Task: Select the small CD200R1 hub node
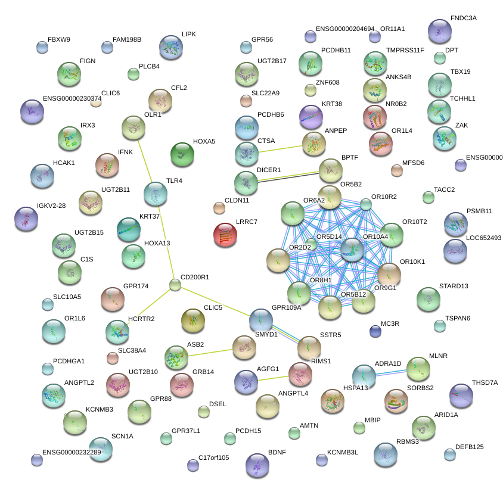(175, 285)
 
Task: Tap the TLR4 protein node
(156, 193)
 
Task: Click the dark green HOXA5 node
(182, 154)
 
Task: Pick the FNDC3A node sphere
(440, 31)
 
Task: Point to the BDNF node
(257, 465)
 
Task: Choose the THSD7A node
(461, 394)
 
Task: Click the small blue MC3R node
(375, 331)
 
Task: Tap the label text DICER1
(268, 170)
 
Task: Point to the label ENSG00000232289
(72, 452)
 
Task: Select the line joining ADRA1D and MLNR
(393, 372)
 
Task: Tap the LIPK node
(171, 47)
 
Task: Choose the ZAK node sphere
(444, 138)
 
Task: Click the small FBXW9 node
(42, 48)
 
